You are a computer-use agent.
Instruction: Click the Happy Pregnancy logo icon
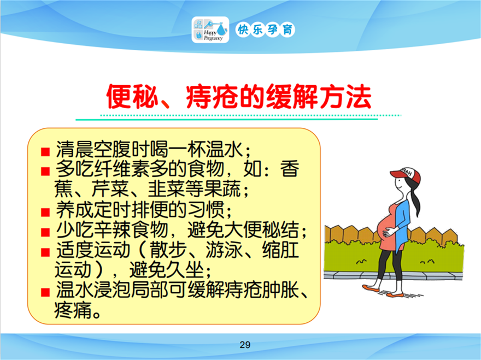tap(210, 29)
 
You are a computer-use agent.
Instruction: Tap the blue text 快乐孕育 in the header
tap(265, 29)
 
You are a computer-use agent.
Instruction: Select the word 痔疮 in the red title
tap(212, 97)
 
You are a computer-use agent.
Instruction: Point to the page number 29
tap(245, 345)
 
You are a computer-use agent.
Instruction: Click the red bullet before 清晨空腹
tap(45, 152)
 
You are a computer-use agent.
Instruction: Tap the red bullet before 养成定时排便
tap(45, 212)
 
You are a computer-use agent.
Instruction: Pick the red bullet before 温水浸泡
tap(45, 292)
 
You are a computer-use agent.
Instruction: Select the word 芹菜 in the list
tap(110, 189)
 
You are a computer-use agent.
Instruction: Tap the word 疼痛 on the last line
tap(73, 310)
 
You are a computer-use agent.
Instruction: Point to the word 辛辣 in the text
tap(112, 229)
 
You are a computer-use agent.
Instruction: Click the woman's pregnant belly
tap(385, 226)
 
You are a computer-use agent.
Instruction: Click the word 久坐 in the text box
tap(185, 270)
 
